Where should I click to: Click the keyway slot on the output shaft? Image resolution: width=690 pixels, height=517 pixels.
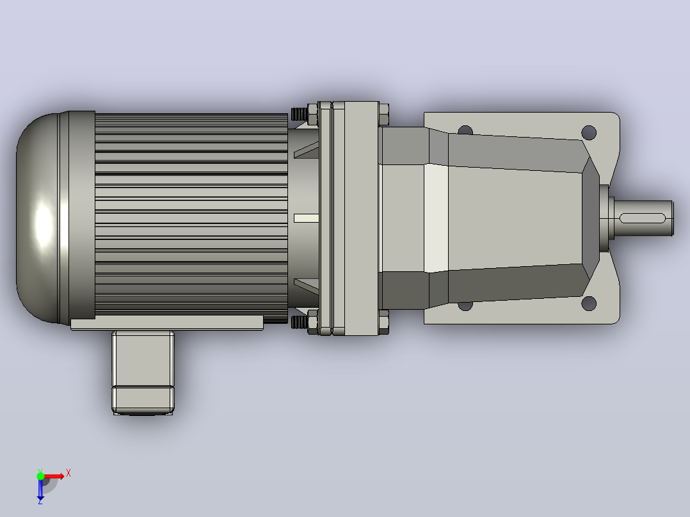pos(643,218)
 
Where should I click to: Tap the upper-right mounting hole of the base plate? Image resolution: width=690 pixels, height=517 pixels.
pos(589,132)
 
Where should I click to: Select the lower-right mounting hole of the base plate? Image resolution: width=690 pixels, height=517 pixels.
pos(589,303)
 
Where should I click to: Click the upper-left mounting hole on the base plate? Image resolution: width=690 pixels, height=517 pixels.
pos(465,131)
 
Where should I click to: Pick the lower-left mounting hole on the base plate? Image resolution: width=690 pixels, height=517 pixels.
pos(465,305)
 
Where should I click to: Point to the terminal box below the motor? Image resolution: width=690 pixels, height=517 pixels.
pos(143,372)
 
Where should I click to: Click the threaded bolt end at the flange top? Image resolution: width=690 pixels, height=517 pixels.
pos(300,115)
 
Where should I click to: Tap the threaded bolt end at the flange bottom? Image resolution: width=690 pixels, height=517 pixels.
pos(300,322)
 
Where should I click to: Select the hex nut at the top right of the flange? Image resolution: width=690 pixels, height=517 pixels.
pos(384,115)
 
